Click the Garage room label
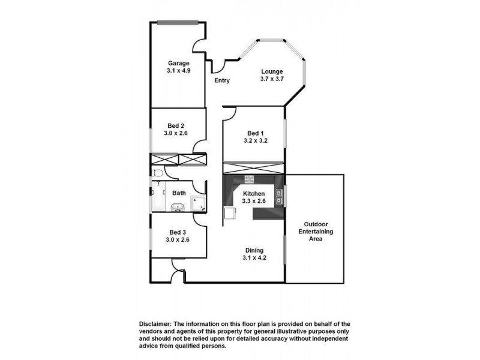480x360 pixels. pyautogui.click(x=179, y=63)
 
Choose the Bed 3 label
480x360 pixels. pyautogui.click(x=178, y=232)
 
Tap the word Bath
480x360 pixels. pyautogui.click(x=179, y=193)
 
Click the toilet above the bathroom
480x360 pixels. pyautogui.click(x=157, y=173)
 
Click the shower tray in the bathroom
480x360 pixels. pyautogui.click(x=199, y=204)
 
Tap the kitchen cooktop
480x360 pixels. pyautogui.click(x=249, y=179)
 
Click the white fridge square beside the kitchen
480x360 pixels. pyautogui.click(x=230, y=213)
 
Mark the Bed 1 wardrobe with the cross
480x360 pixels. pyautogui.click(x=253, y=167)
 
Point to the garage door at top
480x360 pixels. pyautogui.click(x=178, y=23)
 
